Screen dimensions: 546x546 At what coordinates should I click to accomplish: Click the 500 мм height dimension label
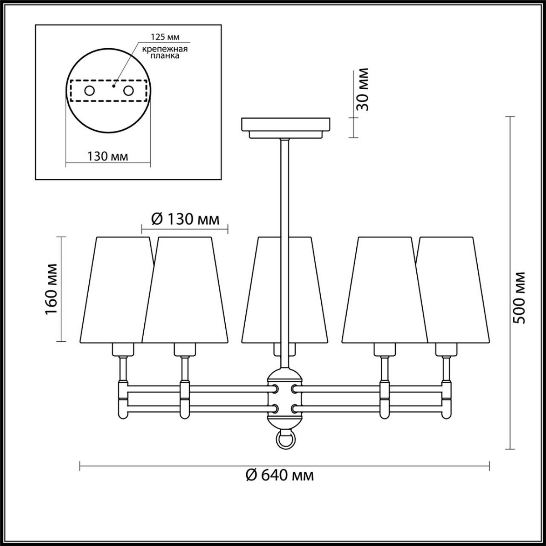[x=518, y=298]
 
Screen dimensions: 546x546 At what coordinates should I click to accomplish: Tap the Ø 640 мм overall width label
[x=280, y=475]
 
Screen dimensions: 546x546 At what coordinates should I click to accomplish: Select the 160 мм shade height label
[x=51, y=289]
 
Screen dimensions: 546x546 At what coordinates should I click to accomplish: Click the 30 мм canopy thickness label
[x=362, y=89]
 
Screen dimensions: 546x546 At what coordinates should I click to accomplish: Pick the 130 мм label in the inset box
[x=107, y=156]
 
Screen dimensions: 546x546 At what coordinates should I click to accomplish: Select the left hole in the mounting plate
[x=89, y=91]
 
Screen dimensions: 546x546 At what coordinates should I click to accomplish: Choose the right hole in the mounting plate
[x=129, y=91]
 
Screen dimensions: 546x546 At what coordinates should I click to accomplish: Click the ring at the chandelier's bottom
[x=285, y=440]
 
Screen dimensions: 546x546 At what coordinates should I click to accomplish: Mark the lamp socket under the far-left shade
[x=123, y=349]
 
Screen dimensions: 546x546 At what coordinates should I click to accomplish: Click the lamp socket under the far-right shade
[x=446, y=349]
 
